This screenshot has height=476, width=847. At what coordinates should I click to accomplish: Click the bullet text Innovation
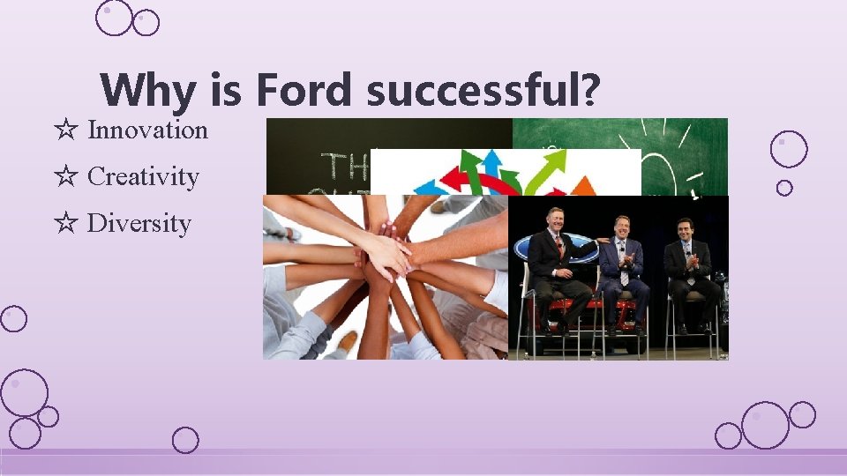point(147,130)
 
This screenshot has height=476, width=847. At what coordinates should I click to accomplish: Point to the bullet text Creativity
point(143,176)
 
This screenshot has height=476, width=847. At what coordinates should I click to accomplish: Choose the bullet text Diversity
point(139,223)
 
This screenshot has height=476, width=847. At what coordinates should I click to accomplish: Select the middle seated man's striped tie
point(623,270)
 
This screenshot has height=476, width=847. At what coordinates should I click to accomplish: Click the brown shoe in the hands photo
point(348,342)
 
